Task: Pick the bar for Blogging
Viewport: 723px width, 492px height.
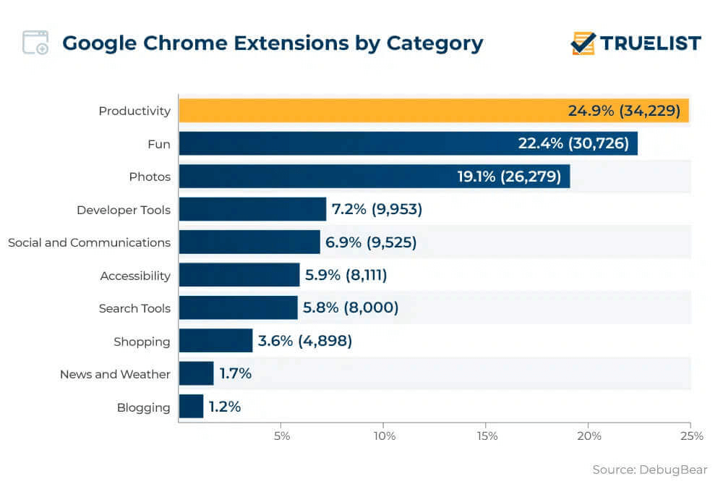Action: pos(191,407)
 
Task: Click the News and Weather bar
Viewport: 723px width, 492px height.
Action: pos(196,374)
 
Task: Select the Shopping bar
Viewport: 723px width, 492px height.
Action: pos(215,341)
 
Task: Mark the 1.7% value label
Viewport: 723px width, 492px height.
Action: pos(236,374)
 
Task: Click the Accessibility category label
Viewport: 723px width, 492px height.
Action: pos(135,276)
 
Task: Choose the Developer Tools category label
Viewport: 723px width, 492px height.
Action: pos(124,210)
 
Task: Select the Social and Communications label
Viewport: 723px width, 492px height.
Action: pos(89,242)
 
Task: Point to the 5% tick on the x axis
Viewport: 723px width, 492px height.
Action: pos(281,436)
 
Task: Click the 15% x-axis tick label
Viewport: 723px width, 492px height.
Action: pos(487,436)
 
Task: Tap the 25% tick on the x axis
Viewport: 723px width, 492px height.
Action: pos(691,436)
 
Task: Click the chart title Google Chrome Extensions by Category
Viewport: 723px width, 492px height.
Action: pos(273,43)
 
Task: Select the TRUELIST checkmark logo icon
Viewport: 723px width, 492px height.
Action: pos(583,43)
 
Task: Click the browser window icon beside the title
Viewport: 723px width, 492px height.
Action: pos(35,43)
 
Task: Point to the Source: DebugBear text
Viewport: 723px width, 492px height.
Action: pos(649,470)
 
